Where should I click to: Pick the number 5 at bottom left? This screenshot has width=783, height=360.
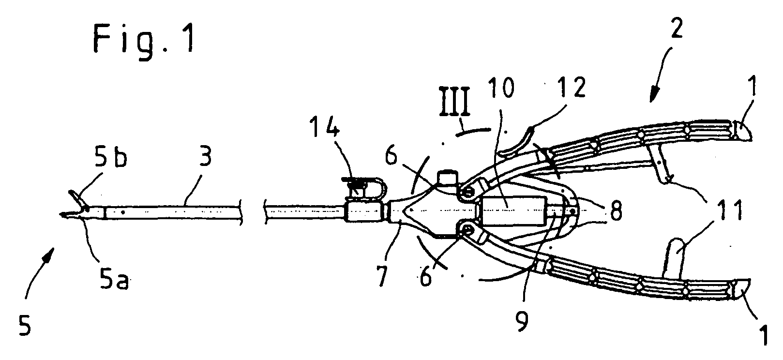point(24,325)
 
